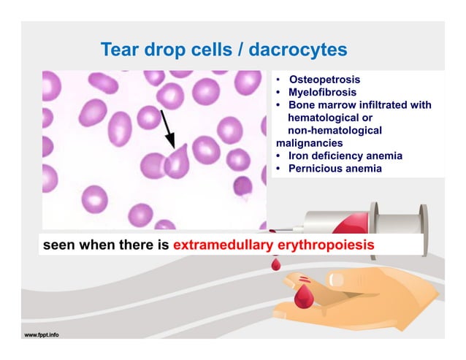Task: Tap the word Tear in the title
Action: coord(118,50)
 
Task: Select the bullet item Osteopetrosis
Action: coord(324,80)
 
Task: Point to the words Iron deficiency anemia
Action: coord(345,156)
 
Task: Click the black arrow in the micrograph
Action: coord(167,129)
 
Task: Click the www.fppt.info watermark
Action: coord(42,335)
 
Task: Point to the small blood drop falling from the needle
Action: coord(277,263)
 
